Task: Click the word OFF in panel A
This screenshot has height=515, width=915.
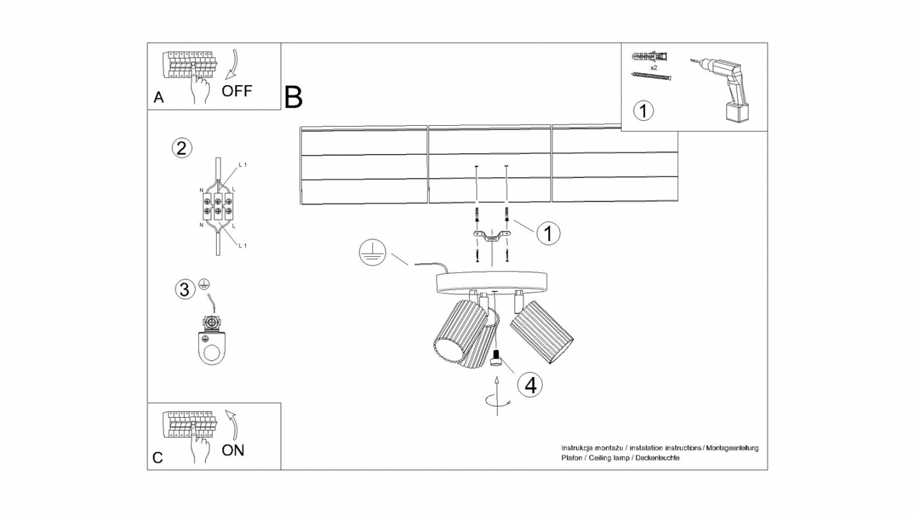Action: tap(237, 91)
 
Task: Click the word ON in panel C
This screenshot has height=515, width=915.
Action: tap(233, 450)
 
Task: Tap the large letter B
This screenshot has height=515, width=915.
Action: tap(293, 97)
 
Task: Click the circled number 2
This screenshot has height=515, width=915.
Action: tap(181, 149)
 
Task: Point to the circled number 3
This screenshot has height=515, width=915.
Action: tap(184, 290)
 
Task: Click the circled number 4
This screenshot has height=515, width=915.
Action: tap(530, 384)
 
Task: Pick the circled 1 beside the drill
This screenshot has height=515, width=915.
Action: tap(644, 111)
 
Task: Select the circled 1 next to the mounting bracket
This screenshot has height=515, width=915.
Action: tap(548, 233)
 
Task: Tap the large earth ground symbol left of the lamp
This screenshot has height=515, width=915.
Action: tap(370, 254)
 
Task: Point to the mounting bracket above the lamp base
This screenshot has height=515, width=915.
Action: tap(491, 237)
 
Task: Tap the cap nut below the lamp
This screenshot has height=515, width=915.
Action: tap(497, 359)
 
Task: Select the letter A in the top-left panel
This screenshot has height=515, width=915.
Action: tap(159, 97)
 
